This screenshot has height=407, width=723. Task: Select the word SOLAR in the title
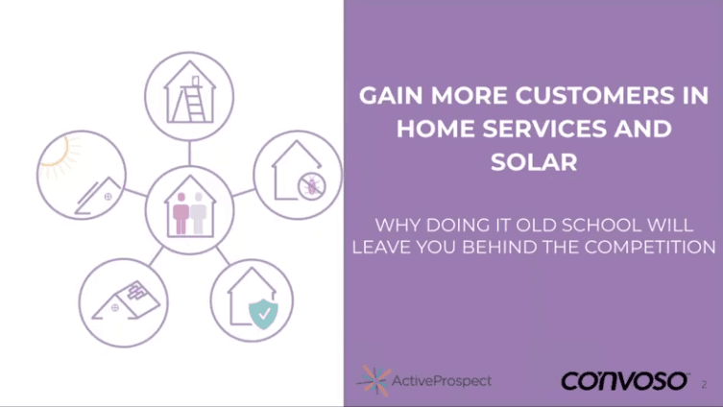tap(534, 162)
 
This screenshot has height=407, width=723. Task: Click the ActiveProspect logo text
tap(442, 381)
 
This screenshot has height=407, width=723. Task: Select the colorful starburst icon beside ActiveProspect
tap(373, 380)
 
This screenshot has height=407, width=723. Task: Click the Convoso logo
tap(624, 381)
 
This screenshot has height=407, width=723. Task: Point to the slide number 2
tap(704, 384)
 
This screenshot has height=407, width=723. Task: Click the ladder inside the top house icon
tap(196, 94)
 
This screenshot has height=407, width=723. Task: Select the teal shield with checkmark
tap(260, 312)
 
